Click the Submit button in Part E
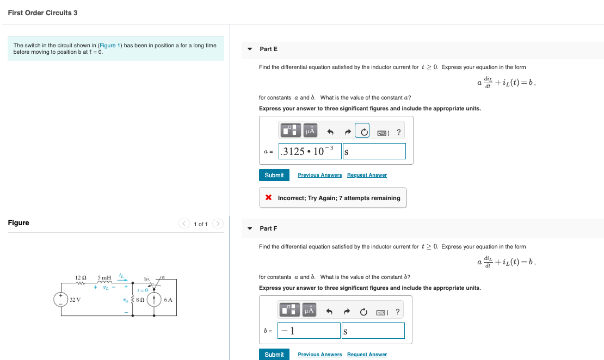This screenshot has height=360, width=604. click(x=274, y=175)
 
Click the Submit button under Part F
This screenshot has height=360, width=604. click(x=274, y=355)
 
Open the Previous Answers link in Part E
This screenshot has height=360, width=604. click(x=320, y=175)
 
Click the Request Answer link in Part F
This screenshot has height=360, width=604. click(x=367, y=355)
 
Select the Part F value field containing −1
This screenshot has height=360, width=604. click(x=309, y=331)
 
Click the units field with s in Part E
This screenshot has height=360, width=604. click(x=374, y=151)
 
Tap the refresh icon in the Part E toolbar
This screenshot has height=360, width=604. click(x=362, y=132)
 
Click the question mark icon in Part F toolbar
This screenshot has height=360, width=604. click(x=398, y=311)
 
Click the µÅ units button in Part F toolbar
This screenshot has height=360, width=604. click(x=310, y=311)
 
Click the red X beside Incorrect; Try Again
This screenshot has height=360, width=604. click(x=268, y=198)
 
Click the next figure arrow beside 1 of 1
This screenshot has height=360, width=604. click(x=218, y=224)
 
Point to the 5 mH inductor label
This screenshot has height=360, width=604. click(x=104, y=278)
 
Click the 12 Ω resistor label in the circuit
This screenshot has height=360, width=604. click(x=81, y=278)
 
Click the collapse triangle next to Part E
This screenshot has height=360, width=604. click(x=250, y=49)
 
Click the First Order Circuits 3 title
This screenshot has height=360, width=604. click(x=42, y=13)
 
